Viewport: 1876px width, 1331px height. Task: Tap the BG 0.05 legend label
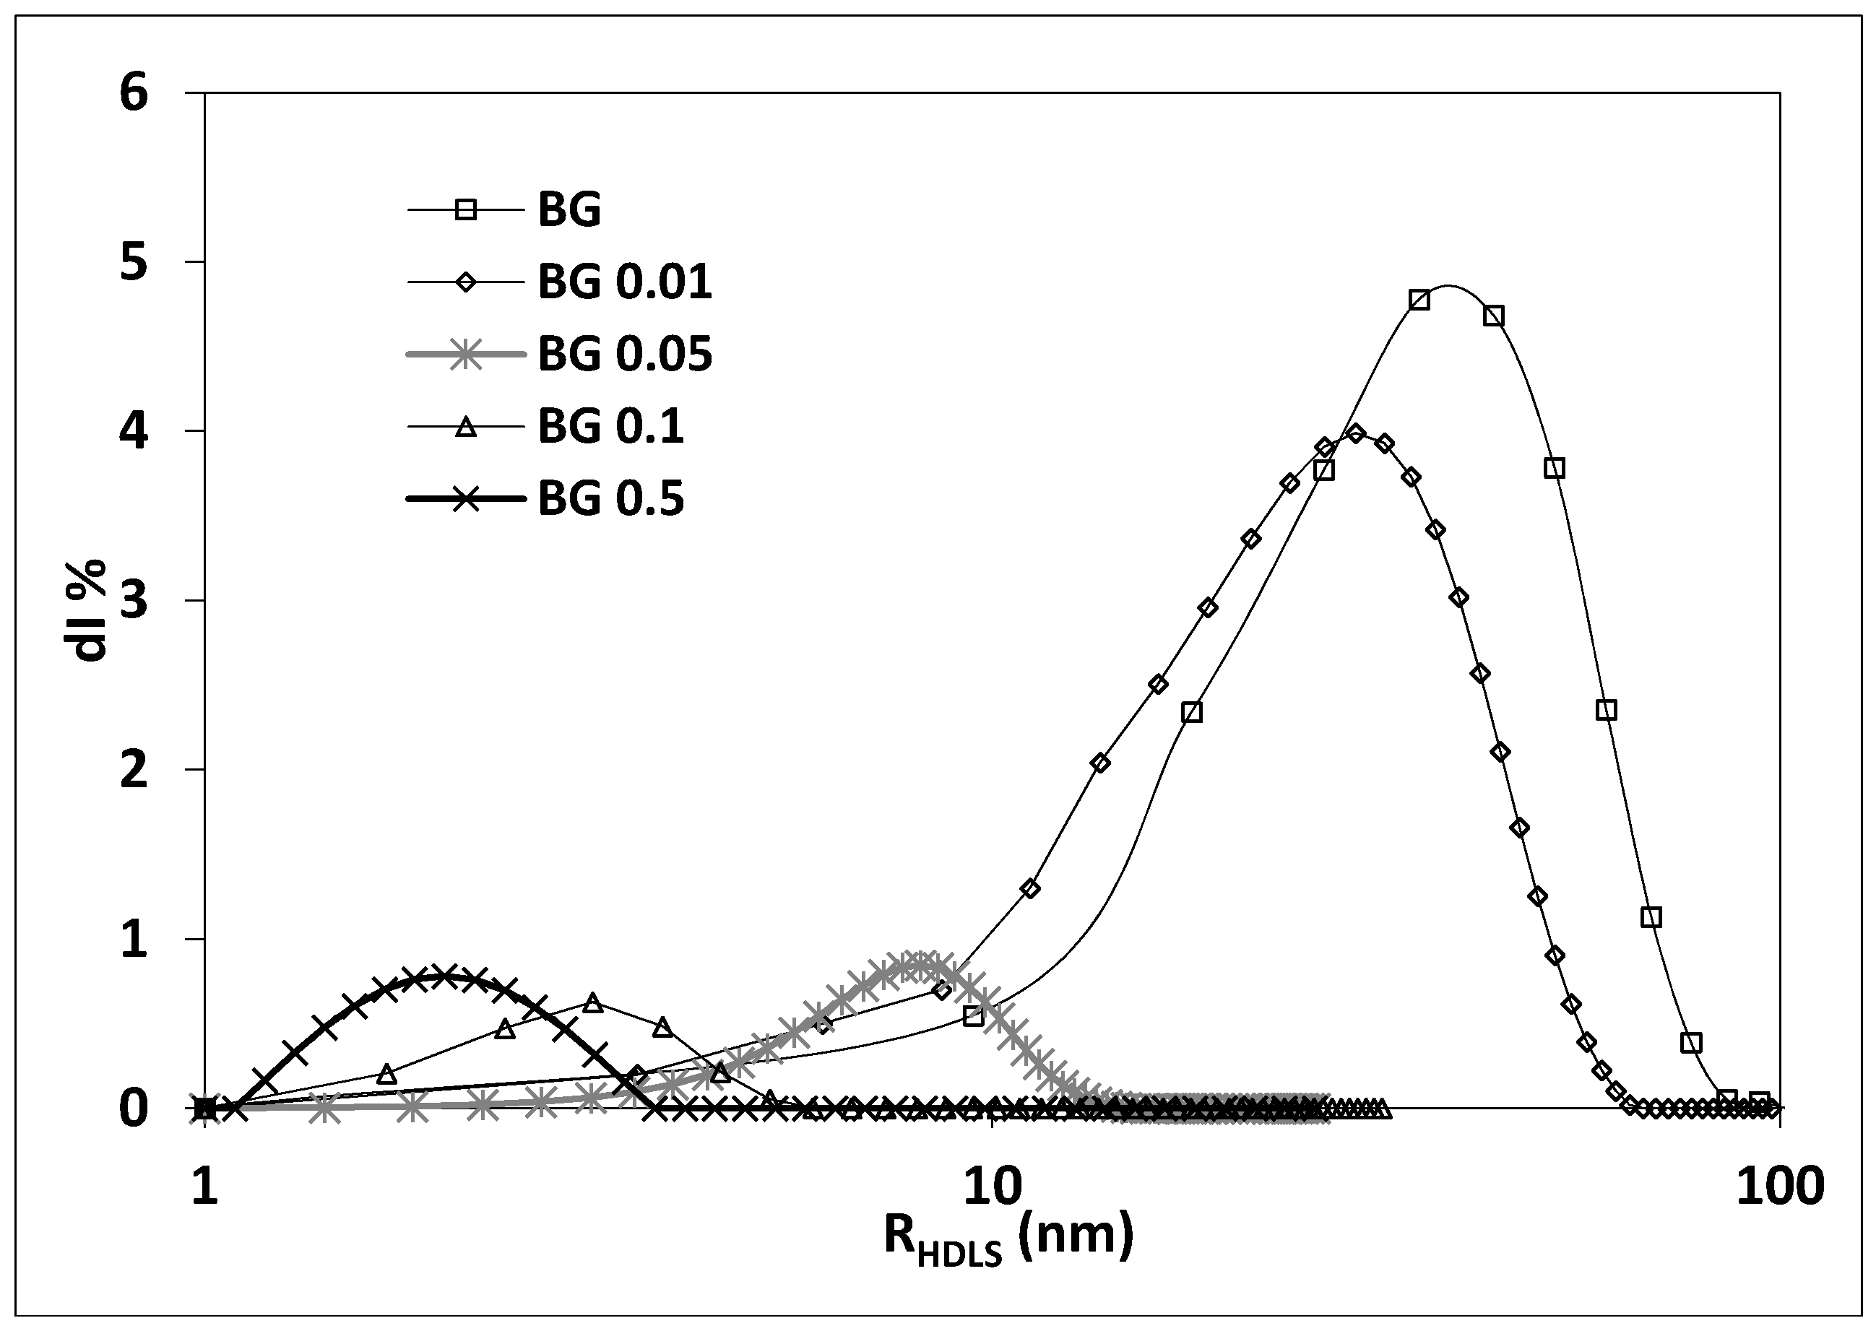click(625, 355)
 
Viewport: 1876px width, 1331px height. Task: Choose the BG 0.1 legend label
click(610, 427)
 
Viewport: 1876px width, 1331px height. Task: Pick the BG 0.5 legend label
click(610, 499)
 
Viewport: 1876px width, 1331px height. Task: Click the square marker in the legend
click(465, 211)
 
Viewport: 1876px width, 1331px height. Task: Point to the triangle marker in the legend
click(465, 426)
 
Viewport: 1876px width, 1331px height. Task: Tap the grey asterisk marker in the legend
click(465, 355)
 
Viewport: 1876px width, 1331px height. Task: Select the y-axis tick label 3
click(134, 601)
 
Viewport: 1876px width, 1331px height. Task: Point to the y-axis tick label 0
click(134, 1108)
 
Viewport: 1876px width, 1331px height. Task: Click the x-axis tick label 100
click(1779, 1186)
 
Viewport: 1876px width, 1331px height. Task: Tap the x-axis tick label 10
click(993, 1186)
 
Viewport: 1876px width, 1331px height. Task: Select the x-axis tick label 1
click(205, 1186)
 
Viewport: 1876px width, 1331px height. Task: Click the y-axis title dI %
click(86, 610)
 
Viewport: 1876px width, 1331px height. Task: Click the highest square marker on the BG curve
click(1419, 300)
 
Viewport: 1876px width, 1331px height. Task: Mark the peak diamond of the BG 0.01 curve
click(1356, 433)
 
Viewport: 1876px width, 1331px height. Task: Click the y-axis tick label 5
click(134, 263)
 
